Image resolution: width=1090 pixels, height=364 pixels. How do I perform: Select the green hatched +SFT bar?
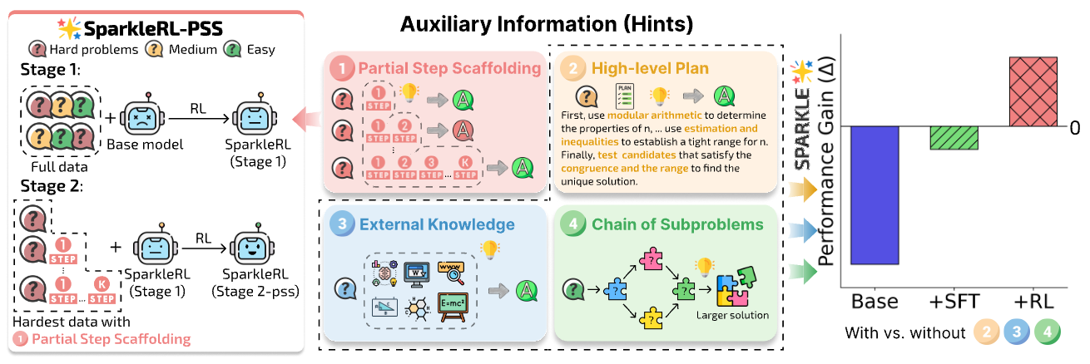pos(954,138)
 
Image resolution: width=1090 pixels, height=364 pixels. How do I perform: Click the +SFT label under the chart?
pos(954,300)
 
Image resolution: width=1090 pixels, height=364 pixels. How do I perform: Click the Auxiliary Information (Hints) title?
pos(546,24)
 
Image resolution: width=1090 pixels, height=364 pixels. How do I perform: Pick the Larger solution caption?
pos(732,315)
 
